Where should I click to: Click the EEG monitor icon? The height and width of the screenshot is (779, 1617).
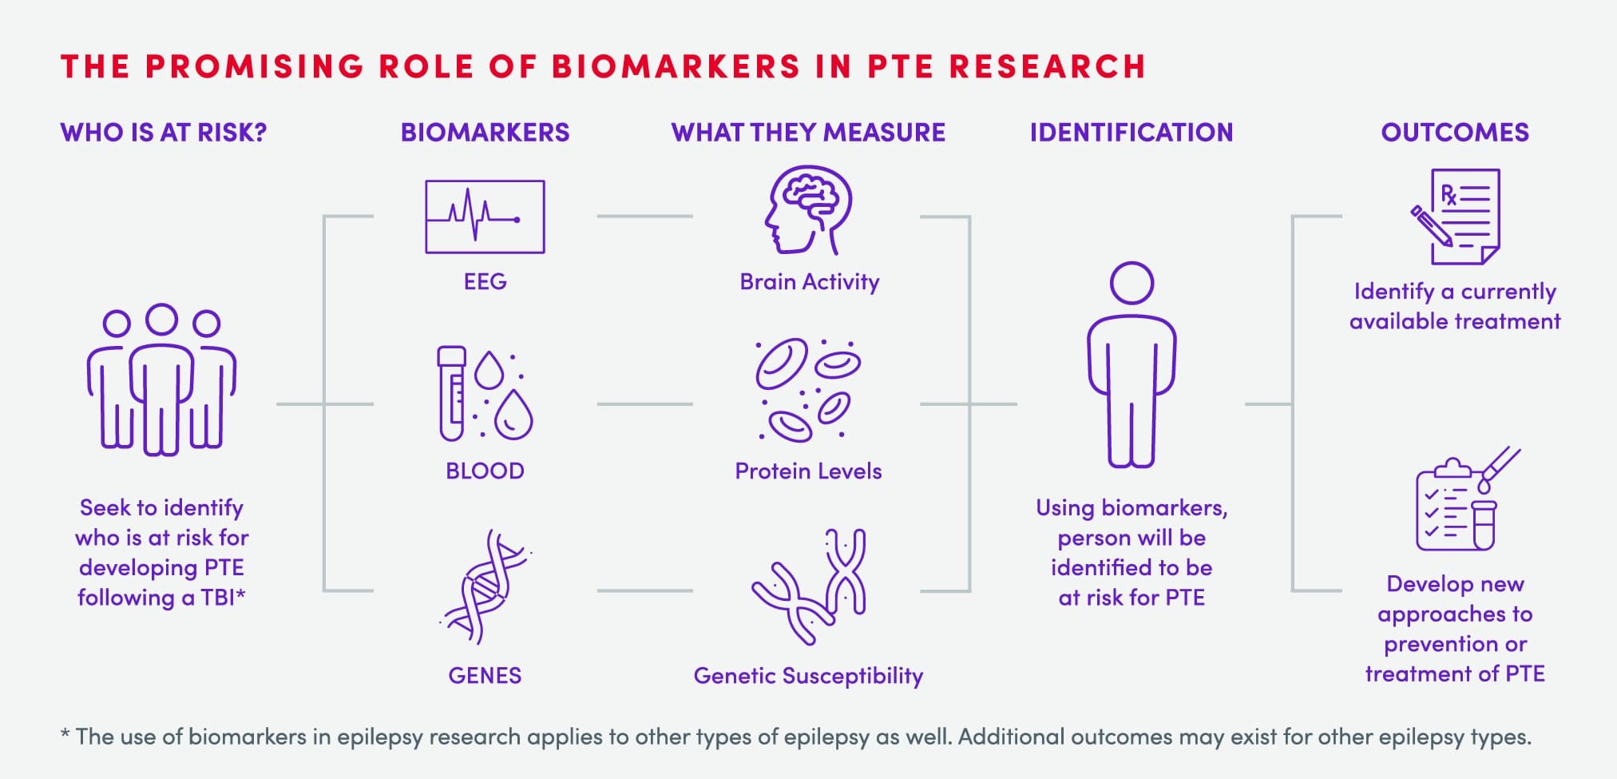[x=485, y=217]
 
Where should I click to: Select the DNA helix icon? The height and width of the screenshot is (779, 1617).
[x=485, y=587]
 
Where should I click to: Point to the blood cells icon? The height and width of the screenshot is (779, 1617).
[x=807, y=390]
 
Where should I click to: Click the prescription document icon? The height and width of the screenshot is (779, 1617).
[x=1455, y=217]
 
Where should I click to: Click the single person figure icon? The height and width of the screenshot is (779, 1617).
[x=1132, y=364]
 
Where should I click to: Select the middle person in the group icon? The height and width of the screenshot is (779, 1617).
[x=162, y=380]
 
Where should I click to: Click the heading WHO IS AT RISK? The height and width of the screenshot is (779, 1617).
[x=164, y=133]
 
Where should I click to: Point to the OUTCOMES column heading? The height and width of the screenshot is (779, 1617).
[x=1455, y=133]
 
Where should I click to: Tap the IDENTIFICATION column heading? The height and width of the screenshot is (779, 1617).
[x=1132, y=133]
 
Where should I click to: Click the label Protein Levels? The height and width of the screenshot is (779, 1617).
[x=808, y=471]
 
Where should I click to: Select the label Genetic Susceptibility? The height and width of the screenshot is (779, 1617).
[x=808, y=676]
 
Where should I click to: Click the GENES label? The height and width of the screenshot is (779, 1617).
[x=485, y=676]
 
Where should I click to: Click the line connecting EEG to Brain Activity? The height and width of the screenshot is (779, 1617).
[x=644, y=216]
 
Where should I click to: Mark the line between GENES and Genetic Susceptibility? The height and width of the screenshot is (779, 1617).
[x=644, y=590]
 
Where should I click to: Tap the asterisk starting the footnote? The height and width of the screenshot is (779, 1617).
[x=65, y=733]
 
